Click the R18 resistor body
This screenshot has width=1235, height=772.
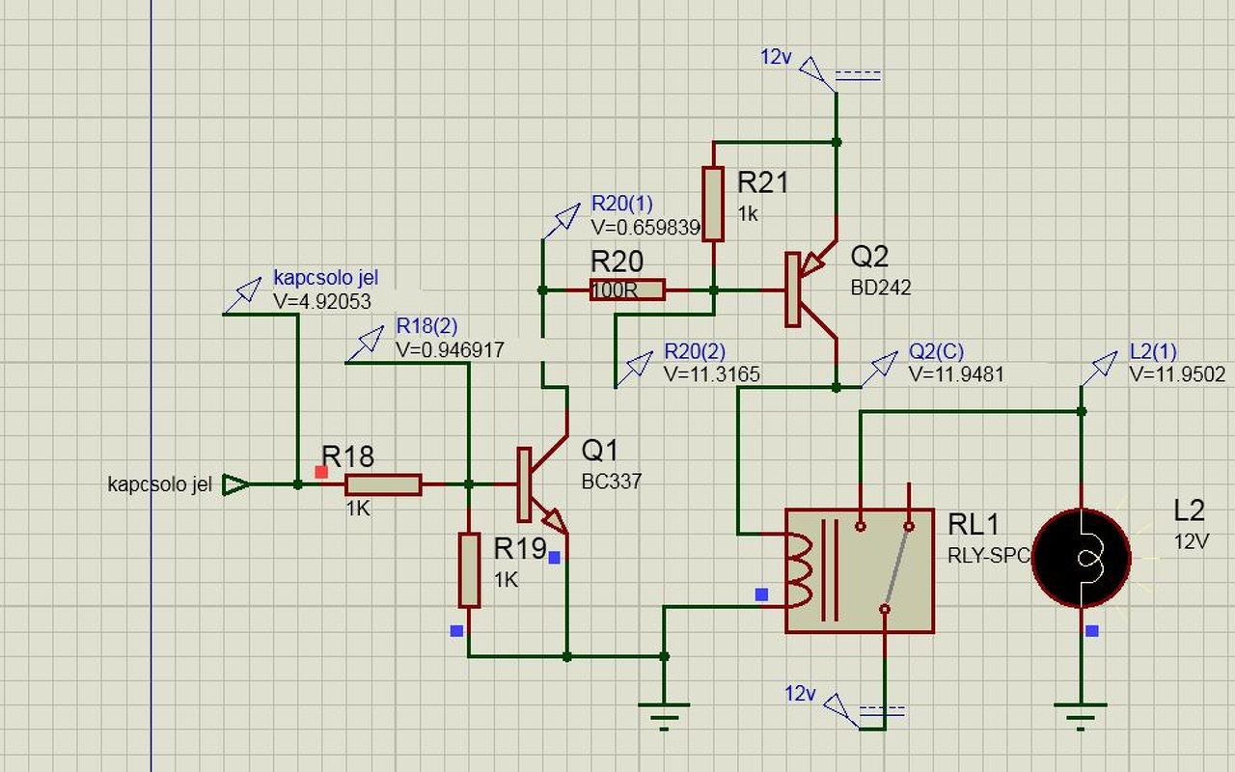pos(383,484)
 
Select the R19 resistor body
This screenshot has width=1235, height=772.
pos(469,570)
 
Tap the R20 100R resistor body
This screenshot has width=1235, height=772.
pos(627,289)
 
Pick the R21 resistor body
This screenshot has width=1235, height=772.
pos(713,204)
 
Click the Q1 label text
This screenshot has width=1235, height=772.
pos(599,451)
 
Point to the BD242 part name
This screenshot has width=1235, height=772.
pos(881,288)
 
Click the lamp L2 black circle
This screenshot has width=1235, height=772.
pos(1082,559)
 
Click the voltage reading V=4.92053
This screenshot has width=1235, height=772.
pos(322,302)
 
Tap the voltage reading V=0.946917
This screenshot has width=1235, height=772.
pos(450,349)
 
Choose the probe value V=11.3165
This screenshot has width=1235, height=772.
pos(712,374)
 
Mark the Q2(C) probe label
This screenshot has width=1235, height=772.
pos(936,351)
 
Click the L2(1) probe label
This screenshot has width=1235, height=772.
pos(1153,351)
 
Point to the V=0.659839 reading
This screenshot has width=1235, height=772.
pos(645,228)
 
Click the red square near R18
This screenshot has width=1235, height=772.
pos(321,472)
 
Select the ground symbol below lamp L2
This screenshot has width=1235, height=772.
pos(1081,716)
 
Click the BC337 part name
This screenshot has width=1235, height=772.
pos(612,482)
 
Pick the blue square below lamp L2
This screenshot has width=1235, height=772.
pos(1091,631)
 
